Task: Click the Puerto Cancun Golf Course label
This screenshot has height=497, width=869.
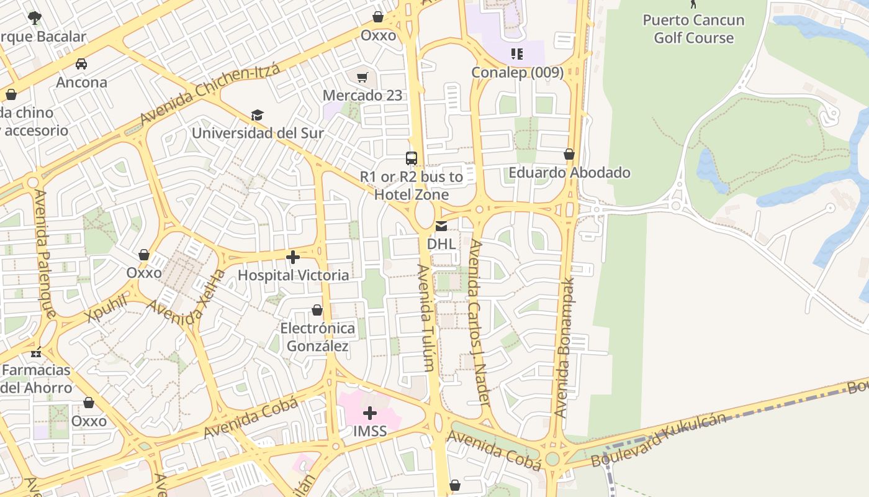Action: [693, 29]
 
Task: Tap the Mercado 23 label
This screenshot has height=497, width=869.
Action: [362, 96]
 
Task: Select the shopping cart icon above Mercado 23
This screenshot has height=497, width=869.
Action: [362, 78]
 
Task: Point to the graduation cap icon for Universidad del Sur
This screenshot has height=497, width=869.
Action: [257, 115]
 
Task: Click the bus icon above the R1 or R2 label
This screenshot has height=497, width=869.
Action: [412, 158]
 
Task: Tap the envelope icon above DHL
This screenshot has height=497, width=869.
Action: [441, 226]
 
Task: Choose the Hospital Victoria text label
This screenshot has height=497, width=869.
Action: [293, 275]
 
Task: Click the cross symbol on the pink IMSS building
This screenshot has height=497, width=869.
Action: [370, 413]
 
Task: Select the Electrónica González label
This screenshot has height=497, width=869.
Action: [317, 337]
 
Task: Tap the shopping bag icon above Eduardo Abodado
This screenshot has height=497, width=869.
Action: [569, 154]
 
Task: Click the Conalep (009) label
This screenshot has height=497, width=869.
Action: [517, 73]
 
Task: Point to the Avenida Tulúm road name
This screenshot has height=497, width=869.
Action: [425, 317]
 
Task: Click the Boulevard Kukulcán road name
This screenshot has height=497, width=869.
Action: [659, 439]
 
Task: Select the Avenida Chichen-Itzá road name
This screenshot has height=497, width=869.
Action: [210, 94]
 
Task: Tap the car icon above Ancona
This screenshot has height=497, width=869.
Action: [81, 64]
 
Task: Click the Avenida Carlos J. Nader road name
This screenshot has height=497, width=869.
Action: [480, 323]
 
